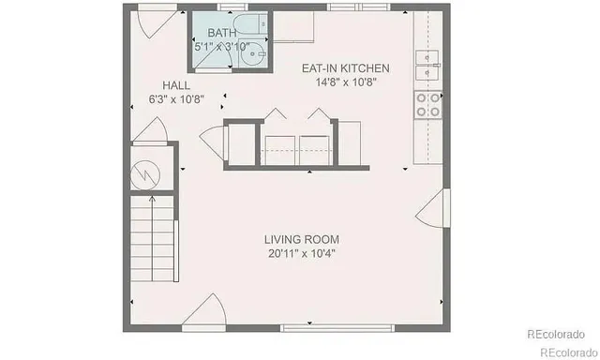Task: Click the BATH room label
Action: click(222, 34)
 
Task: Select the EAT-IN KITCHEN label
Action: click(345, 68)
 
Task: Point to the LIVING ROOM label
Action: click(301, 239)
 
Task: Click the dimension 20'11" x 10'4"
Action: click(301, 253)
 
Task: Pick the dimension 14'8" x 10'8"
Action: click(345, 82)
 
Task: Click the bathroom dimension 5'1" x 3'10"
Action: click(222, 46)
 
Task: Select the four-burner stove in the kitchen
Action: click(428, 105)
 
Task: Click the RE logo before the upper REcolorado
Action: click(532, 334)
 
